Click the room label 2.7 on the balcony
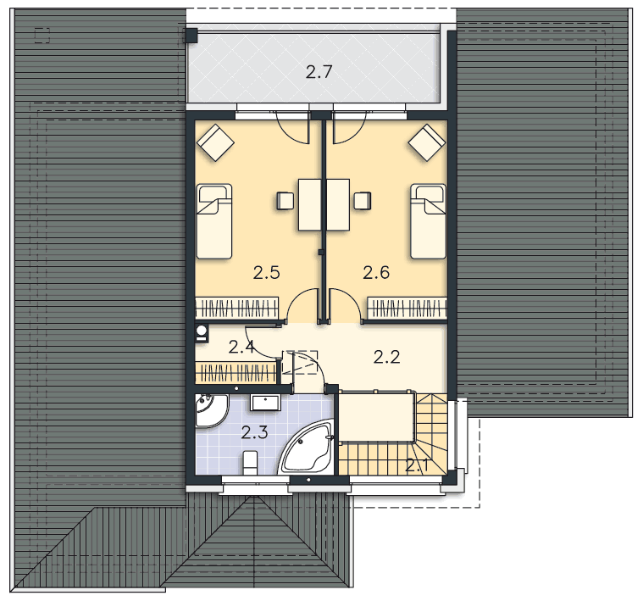[319, 72]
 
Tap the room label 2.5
[266, 272]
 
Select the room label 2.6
[376, 272]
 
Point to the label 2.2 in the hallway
[386, 358]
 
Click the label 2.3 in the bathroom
[254, 432]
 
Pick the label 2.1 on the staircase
[417, 465]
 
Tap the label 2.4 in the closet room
[241, 347]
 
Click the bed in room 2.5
[214, 221]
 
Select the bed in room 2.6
[428, 221]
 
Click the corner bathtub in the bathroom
[308, 448]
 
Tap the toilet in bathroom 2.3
[250, 463]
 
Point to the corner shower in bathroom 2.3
[211, 411]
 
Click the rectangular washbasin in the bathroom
[265, 403]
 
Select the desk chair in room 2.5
[285, 201]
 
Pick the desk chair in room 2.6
[363, 201]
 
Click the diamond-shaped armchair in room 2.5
[216, 142]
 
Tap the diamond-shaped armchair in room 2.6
[427, 142]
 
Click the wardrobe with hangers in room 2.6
[407, 308]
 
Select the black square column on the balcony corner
[191, 36]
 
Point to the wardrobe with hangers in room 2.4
[236, 372]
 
